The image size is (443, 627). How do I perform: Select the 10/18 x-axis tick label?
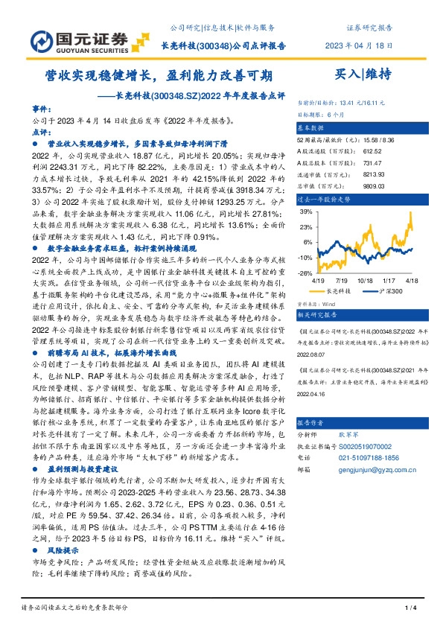click(x=365, y=281)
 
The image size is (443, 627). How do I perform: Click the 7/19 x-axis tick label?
click(x=342, y=281)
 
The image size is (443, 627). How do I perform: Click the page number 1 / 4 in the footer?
click(x=409, y=610)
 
